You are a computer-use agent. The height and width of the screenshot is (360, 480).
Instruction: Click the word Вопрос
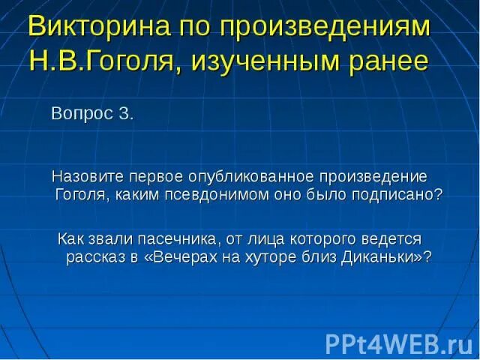79,114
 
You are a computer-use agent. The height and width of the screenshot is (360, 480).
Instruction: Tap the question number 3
126,114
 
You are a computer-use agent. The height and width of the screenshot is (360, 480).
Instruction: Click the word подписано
403,194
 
